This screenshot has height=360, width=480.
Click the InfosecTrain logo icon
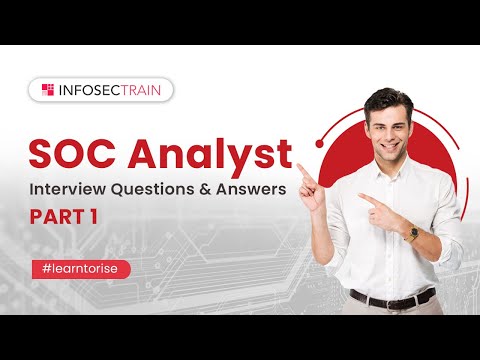point(47,90)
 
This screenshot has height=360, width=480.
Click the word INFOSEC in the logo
point(91,90)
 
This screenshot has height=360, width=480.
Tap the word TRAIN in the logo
point(144,90)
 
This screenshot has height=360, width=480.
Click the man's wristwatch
point(409,233)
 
